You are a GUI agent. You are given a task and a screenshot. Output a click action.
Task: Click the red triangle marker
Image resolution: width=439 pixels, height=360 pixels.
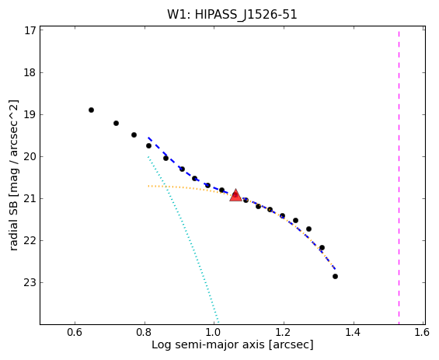[x=235, y=195]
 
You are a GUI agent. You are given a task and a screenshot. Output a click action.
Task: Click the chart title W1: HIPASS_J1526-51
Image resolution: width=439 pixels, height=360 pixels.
[x=232, y=15]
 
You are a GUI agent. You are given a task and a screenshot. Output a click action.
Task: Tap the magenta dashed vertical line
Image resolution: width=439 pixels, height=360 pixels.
[x=399, y=178]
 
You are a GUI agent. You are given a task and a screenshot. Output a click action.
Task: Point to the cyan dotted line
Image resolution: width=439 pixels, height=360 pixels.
[x=183, y=224]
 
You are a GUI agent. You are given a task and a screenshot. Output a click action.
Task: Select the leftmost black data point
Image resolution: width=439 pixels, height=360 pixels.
[x=91, y=110]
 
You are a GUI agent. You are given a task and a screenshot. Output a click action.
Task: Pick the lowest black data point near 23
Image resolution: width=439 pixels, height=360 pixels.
[x=335, y=276]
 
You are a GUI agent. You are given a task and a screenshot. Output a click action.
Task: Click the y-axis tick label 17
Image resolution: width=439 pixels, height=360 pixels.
[x=30, y=31]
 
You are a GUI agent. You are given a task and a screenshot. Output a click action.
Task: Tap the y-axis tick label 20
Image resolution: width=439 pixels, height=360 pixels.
[x=30, y=156]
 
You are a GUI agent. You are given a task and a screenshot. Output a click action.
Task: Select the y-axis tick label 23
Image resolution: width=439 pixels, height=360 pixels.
[x=30, y=282]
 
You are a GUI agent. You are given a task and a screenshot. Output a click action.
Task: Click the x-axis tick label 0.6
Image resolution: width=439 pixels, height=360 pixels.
[x=75, y=332]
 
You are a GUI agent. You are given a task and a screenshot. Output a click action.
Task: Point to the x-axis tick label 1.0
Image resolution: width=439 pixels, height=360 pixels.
[x=214, y=332]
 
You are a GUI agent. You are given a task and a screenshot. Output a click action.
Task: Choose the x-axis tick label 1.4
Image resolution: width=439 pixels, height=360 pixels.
[x=354, y=332]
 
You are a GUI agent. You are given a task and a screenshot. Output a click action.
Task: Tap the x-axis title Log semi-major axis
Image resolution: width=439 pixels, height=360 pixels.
[x=208, y=345]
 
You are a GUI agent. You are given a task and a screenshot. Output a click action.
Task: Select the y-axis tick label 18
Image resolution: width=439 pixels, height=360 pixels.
[x=30, y=72]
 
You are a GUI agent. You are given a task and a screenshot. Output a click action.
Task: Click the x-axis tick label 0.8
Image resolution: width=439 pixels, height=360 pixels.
[x=145, y=332]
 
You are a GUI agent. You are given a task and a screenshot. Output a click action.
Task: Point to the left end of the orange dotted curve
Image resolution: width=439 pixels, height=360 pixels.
[x=148, y=186]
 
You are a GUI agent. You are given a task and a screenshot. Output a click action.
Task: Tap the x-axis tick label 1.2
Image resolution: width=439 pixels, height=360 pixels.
[x=284, y=332]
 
